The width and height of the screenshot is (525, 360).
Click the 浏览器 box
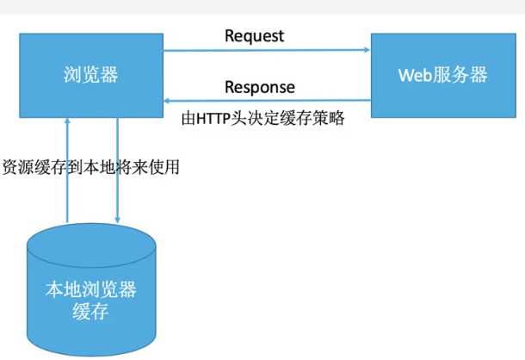(x=91, y=75)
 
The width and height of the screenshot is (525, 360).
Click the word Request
(x=254, y=36)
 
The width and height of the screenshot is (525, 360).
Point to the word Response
(x=259, y=87)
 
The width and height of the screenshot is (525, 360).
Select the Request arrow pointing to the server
(x=267, y=50)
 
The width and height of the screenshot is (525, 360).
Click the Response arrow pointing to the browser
(x=267, y=101)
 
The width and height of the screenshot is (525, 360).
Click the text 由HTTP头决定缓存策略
(x=263, y=118)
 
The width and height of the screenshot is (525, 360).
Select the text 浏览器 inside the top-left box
(x=90, y=75)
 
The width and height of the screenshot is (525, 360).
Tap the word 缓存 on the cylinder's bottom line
(x=90, y=311)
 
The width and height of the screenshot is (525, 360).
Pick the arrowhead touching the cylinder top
(x=117, y=220)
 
